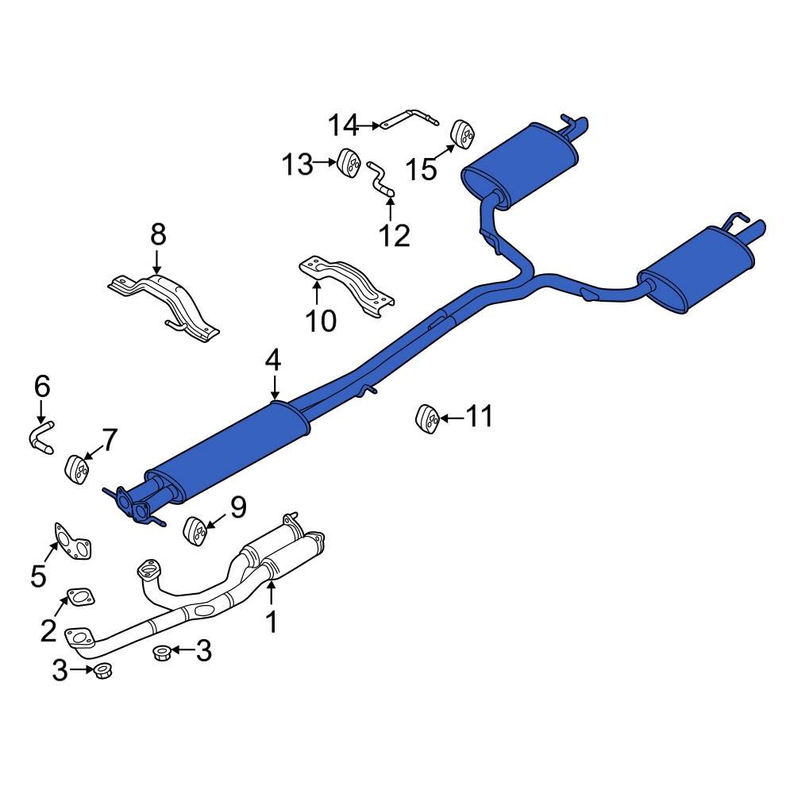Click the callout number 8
[x=158, y=234]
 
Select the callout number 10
[x=321, y=320]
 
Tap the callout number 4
[x=273, y=361]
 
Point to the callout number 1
[x=272, y=622]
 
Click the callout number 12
[x=394, y=235]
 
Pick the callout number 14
[x=345, y=125]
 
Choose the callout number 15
[x=422, y=168]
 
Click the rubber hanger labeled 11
[x=427, y=418]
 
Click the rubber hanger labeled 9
[x=195, y=530]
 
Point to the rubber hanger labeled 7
[x=76, y=468]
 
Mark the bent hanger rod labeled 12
[x=380, y=179]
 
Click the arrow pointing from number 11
[x=450, y=418]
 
